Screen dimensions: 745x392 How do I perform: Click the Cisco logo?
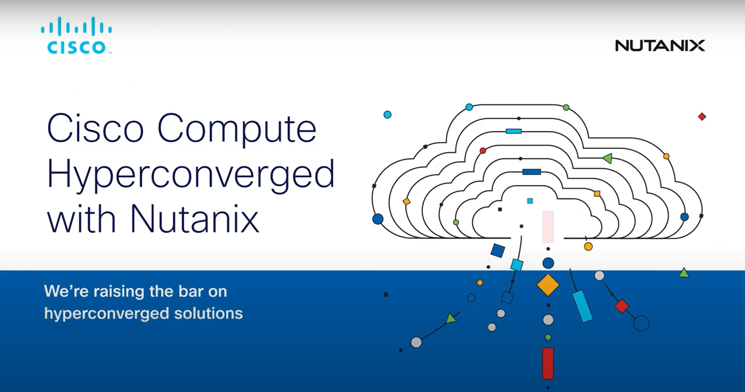coord(76,35)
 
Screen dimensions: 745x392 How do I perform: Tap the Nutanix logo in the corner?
coord(660,46)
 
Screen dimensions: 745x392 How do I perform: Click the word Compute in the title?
coord(237,129)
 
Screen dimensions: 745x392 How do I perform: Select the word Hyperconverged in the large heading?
coord(191,175)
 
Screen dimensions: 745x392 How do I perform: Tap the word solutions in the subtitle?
coord(208,313)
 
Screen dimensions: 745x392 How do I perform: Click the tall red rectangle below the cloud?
coord(548,363)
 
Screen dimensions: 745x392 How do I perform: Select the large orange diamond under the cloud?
coord(548,285)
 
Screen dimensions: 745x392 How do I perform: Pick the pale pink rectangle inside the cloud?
coord(548,227)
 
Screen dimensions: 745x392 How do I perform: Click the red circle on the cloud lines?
coord(483,150)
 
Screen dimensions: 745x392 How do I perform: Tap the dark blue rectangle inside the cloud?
coord(531,172)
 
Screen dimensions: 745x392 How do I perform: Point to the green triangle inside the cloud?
coord(608,158)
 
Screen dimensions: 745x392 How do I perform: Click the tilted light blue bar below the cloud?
coord(582,306)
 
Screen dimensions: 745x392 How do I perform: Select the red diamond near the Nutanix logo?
coord(702,117)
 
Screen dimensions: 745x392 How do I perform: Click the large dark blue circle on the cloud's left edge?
coord(378,219)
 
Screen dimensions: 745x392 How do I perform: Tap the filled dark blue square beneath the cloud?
coord(498,250)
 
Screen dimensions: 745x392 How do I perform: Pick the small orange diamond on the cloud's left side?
coord(406,202)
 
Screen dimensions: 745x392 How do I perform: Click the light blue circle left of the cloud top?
coord(387,115)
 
